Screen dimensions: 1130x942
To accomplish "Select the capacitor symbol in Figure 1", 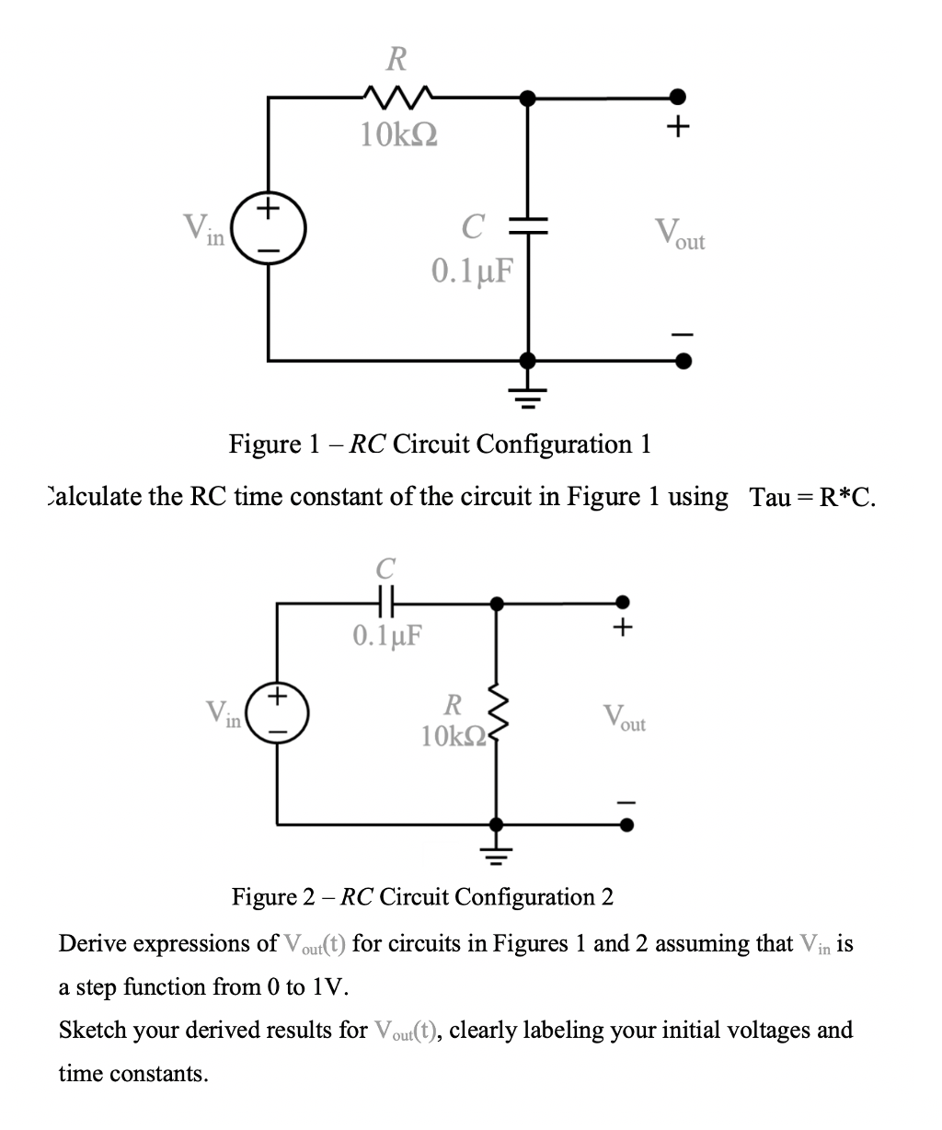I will pyautogui.click(x=527, y=226).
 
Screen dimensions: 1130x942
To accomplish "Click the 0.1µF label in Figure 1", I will pyautogui.click(x=471, y=271).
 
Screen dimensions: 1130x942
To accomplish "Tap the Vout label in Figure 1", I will pyautogui.click(x=679, y=234).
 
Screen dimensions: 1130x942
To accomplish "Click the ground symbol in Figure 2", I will pyautogui.click(x=496, y=853).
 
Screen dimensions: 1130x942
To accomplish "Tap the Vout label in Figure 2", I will pyautogui.click(x=624, y=718).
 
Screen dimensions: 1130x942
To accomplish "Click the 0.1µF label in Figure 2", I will pyautogui.click(x=385, y=635).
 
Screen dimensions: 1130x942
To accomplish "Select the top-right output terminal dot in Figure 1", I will pyautogui.click(x=678, y=96).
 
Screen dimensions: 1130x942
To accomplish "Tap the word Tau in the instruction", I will pyautogui.click(x=770, y=498).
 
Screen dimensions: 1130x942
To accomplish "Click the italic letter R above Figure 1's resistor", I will pyautogui.click(x=395, y=60).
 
